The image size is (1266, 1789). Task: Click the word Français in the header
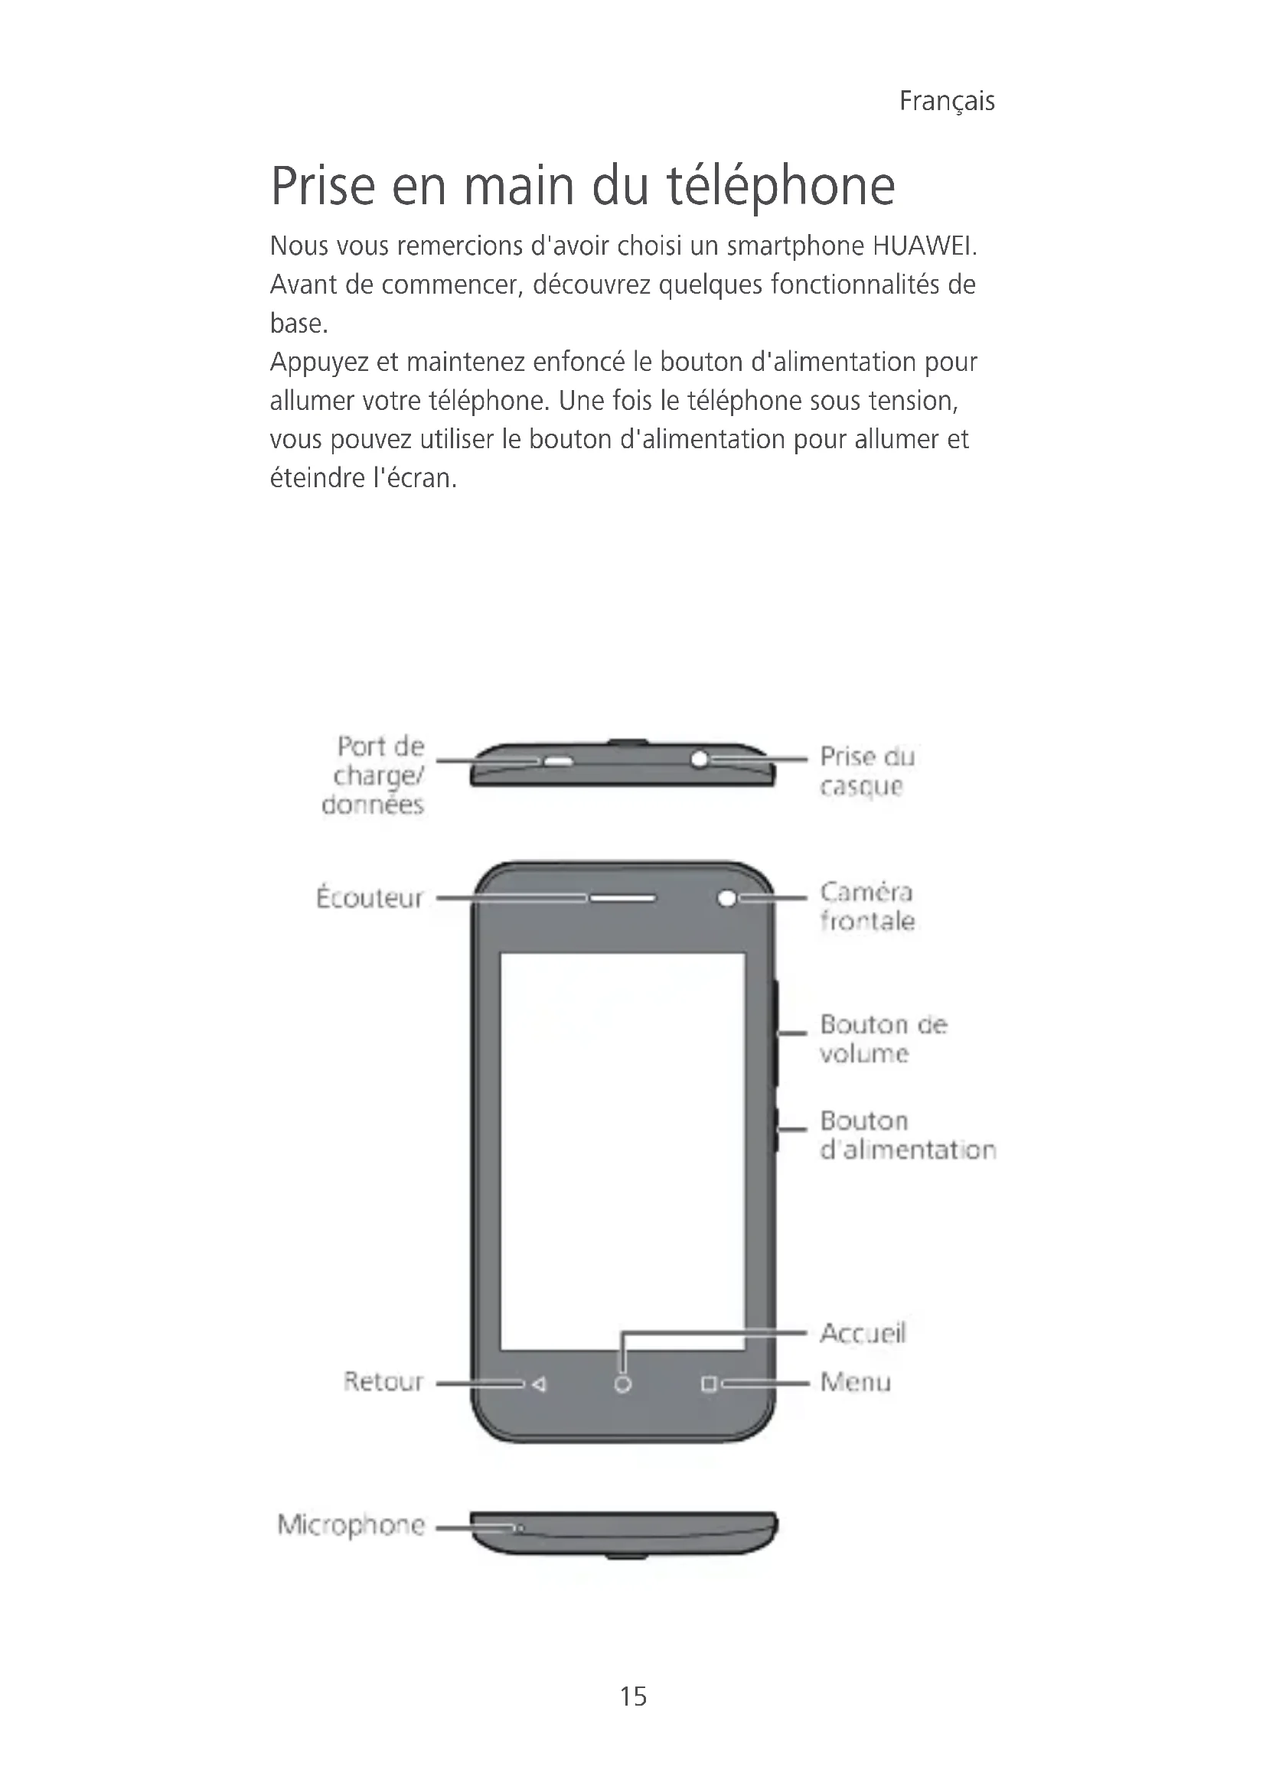946,101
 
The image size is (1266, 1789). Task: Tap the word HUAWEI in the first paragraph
924,246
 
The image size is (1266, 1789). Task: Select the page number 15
633,1696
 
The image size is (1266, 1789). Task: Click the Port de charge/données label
375,776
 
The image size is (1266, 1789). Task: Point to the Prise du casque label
866,771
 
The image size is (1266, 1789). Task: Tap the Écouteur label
370,898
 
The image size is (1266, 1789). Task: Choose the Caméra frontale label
866,906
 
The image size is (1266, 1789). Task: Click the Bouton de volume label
883,1038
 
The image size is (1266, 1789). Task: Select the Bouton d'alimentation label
906,1134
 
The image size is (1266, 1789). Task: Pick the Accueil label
862,1333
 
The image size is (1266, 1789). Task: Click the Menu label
855,1382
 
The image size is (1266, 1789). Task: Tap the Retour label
383,1381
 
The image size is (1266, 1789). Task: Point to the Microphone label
351,1524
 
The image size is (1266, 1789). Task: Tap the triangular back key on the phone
539,1384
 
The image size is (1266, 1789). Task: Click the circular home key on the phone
622,1384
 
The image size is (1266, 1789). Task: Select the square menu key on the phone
709,1384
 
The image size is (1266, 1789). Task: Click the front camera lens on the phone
726,899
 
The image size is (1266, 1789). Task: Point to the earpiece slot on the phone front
622,899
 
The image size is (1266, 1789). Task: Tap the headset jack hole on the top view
700,758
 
